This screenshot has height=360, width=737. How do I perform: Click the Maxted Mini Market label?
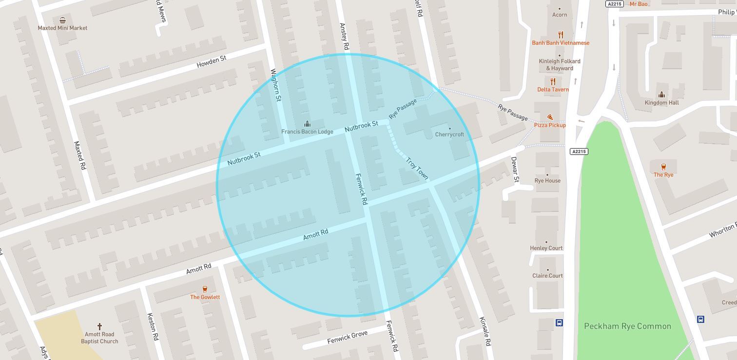point(62,28)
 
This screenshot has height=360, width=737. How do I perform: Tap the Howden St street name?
point(211,61)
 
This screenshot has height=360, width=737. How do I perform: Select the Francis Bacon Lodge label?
point(307,132)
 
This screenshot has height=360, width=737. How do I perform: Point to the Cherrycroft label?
point(449,134)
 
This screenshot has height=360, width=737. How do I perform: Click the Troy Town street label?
point(417,168)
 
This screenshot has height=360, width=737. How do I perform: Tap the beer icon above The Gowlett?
point(205,289)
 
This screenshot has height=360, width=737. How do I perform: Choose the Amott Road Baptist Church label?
point(99,338)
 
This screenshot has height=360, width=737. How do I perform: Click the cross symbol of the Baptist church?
point(99,326)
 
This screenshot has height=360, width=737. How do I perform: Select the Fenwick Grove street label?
point(347,337)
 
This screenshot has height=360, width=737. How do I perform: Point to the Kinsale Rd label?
point(485,331)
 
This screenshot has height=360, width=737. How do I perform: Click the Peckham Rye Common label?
point(627,326)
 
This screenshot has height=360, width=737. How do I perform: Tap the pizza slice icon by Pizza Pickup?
point(550,117)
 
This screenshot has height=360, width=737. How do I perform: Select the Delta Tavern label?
point(553,89)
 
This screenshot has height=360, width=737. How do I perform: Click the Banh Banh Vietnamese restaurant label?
point(561,43)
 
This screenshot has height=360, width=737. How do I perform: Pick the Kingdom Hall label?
point(661,103)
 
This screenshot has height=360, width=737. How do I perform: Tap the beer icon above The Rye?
point(663,167)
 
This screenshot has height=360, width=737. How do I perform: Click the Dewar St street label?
point(515,169)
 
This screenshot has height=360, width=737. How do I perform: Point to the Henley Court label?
point(546,248)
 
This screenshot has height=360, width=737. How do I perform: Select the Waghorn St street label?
point(275,85)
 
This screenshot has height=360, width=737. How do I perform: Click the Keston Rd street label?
point(153,326)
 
